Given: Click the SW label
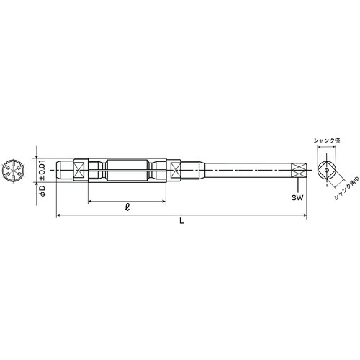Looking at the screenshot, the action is click(x=297, y=197).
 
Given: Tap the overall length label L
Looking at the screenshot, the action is click(x=182, y=221).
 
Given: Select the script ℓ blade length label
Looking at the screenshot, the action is click(x=127, y=207).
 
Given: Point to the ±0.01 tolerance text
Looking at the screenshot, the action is click(x=42, y=170).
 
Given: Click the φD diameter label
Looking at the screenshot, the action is click(x=42, y=191).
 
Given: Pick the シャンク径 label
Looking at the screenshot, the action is click(x=327, y=141).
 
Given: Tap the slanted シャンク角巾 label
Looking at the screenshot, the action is click(x=346, y=189).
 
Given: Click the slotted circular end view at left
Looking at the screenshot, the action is click(x=12, y=170).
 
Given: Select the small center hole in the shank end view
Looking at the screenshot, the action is click(x=327, y=170).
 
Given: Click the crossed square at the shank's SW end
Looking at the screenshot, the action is click(x=299, y=170).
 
